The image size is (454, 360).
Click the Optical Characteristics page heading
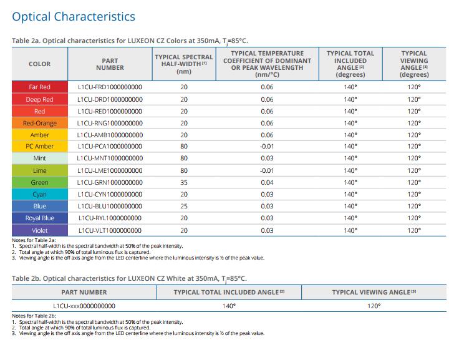[x=74, y=17]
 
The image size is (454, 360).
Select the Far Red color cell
[x=40, y=87]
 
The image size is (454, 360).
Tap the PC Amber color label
[x=40, y=146]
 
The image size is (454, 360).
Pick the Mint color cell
[x=40, y=158]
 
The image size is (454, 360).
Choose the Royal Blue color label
[x=40, y=218]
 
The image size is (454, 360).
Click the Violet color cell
[x=40, y=231]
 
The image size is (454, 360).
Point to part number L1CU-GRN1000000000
[x=110, y=182]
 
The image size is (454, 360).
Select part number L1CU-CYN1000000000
[x=110, y=194]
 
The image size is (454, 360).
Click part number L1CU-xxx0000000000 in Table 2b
[x=84, y=306]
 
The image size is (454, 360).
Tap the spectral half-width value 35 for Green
[x=184, y=182]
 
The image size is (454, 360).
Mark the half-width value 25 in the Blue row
[x=184, y=207]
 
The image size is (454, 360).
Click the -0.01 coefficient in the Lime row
[x=267, y=170]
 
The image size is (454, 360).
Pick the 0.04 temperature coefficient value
[x=267, y=182]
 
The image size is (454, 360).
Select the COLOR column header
[x=40, y=64]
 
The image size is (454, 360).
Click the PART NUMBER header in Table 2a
[x=110, y=64]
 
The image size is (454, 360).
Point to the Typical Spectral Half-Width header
[x=184, y=64]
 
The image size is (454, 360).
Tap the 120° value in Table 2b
[x=374, y=306]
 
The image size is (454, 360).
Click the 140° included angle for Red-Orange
[x=350, y=123]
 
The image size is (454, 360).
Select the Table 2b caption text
[x=129, y=279]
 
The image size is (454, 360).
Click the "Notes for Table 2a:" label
[x=34, y=240]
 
